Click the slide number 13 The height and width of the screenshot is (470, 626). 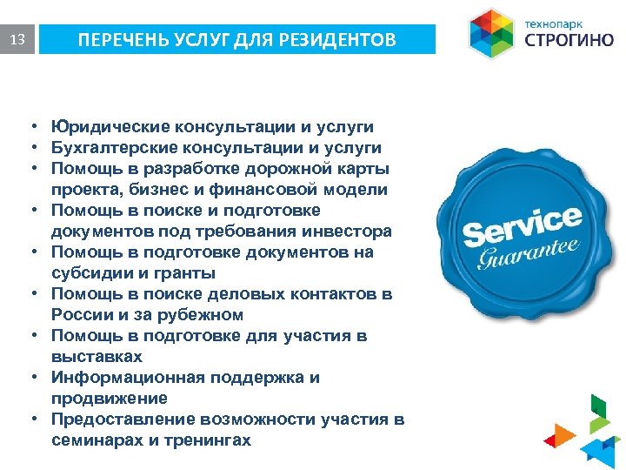pos(17,40)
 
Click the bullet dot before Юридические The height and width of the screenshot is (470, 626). pos(30,126)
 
